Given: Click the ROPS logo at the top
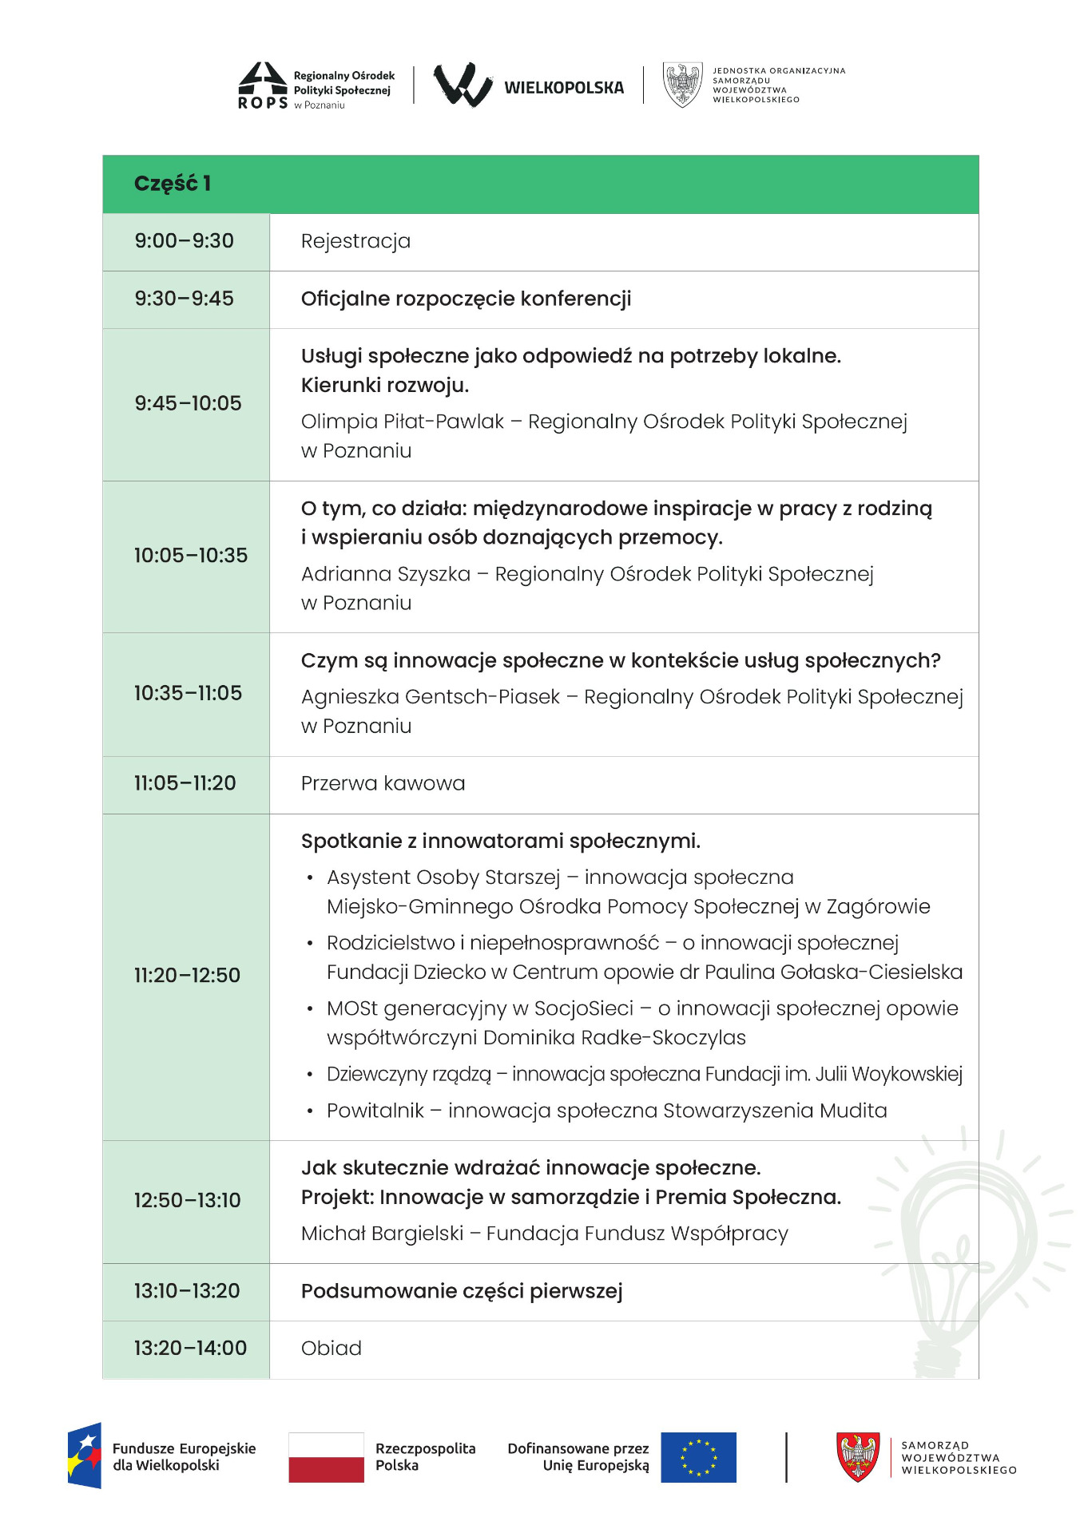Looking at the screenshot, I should click(x=264, y=85).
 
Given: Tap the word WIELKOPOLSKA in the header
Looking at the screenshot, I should click(x=564, y=88).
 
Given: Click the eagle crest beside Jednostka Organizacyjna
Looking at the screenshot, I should click(x=682, y=85).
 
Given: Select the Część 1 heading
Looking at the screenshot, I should click(x=172, y=184).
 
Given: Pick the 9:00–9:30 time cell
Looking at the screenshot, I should click(x=185, y=241).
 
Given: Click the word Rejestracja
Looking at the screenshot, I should click(x=355, y=241).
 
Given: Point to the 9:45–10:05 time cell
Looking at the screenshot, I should click(x=188, y=403).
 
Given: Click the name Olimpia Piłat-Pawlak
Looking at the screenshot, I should click(x=402, y=422).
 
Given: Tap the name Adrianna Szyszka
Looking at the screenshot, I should click(x=386, y=574).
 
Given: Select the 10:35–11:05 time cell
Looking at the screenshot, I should click(x=188, y=693).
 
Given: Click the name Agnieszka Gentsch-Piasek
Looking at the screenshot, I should click(x=431, y=697).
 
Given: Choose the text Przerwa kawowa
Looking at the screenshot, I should click(x=383, y=783).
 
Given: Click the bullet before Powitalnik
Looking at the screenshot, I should click(x=310, y=1111).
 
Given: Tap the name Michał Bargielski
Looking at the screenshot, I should click(x=382, y=1234).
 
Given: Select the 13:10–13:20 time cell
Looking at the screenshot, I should click(x=187, y=1291).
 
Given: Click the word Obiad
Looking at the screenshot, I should click(x=332, y=1349).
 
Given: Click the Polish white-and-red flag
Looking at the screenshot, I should click(x=326, y=1457).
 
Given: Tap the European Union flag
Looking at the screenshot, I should click(x=698, y=1457).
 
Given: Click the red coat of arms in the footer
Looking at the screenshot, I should click(x=857, y=1457).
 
